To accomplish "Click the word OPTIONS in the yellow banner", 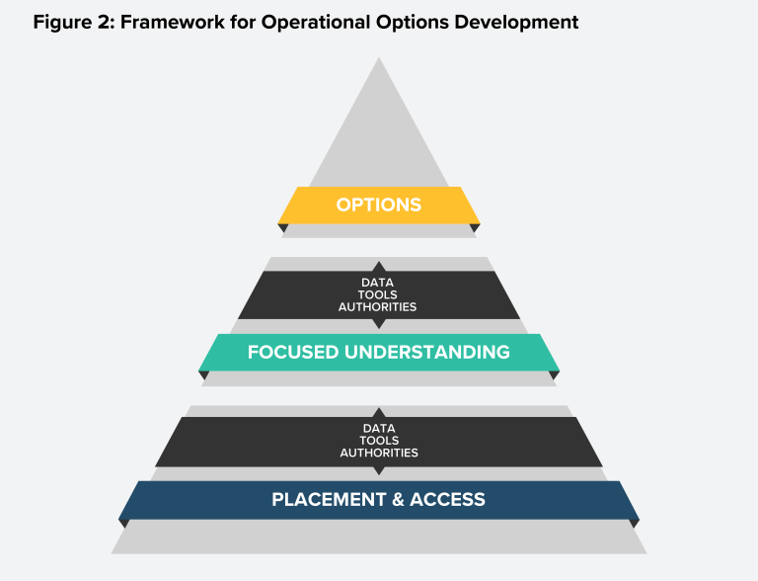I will [x=379, y=206].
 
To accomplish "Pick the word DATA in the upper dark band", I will [x=379, y=282].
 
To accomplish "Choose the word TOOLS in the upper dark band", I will [x=379, y=294].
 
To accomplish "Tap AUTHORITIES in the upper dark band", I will [x=379, y=307].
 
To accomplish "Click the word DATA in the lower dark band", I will [x=379, y=428].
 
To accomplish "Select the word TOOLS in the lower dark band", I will [x=379, y=441].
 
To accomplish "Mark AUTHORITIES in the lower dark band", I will [x=379, y=454].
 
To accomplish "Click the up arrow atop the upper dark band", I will [x=379, y=266].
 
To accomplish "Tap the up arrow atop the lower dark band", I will [x=379, y=411].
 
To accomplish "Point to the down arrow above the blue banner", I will [x=379, y=471].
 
